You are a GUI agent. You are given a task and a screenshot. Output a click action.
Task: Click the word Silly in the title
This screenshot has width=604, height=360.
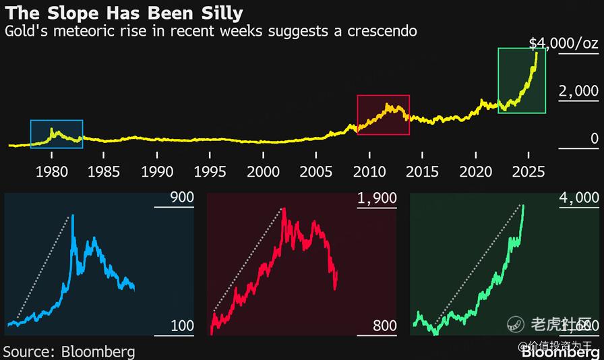click(220, 13)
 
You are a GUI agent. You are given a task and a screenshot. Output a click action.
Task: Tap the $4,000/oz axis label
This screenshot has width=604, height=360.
click(564, 44)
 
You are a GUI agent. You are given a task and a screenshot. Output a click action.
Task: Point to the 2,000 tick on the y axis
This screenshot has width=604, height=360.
click(578, 91)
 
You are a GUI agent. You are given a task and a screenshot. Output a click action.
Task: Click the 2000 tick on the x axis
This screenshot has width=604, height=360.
click(264, 171)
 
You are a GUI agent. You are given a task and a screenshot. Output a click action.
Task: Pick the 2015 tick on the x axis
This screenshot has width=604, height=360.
click(423, 171)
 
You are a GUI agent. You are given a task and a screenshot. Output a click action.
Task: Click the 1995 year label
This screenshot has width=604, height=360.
click(210, 171)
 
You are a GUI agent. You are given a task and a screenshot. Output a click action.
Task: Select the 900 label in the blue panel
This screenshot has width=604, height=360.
click(182, 198)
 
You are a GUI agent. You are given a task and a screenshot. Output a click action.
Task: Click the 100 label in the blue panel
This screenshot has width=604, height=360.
click(182, 326)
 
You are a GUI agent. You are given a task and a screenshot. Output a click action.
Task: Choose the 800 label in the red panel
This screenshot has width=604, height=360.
click(384, 326)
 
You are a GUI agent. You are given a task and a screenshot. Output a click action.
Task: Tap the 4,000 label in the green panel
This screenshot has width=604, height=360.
click(580, 198)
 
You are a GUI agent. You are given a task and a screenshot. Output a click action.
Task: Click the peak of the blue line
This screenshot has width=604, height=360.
click(72, 215)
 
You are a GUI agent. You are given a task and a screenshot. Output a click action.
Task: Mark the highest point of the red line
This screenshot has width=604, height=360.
click(284, 208)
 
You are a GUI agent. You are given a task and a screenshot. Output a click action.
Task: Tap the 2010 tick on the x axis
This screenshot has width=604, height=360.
click(369, 171)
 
